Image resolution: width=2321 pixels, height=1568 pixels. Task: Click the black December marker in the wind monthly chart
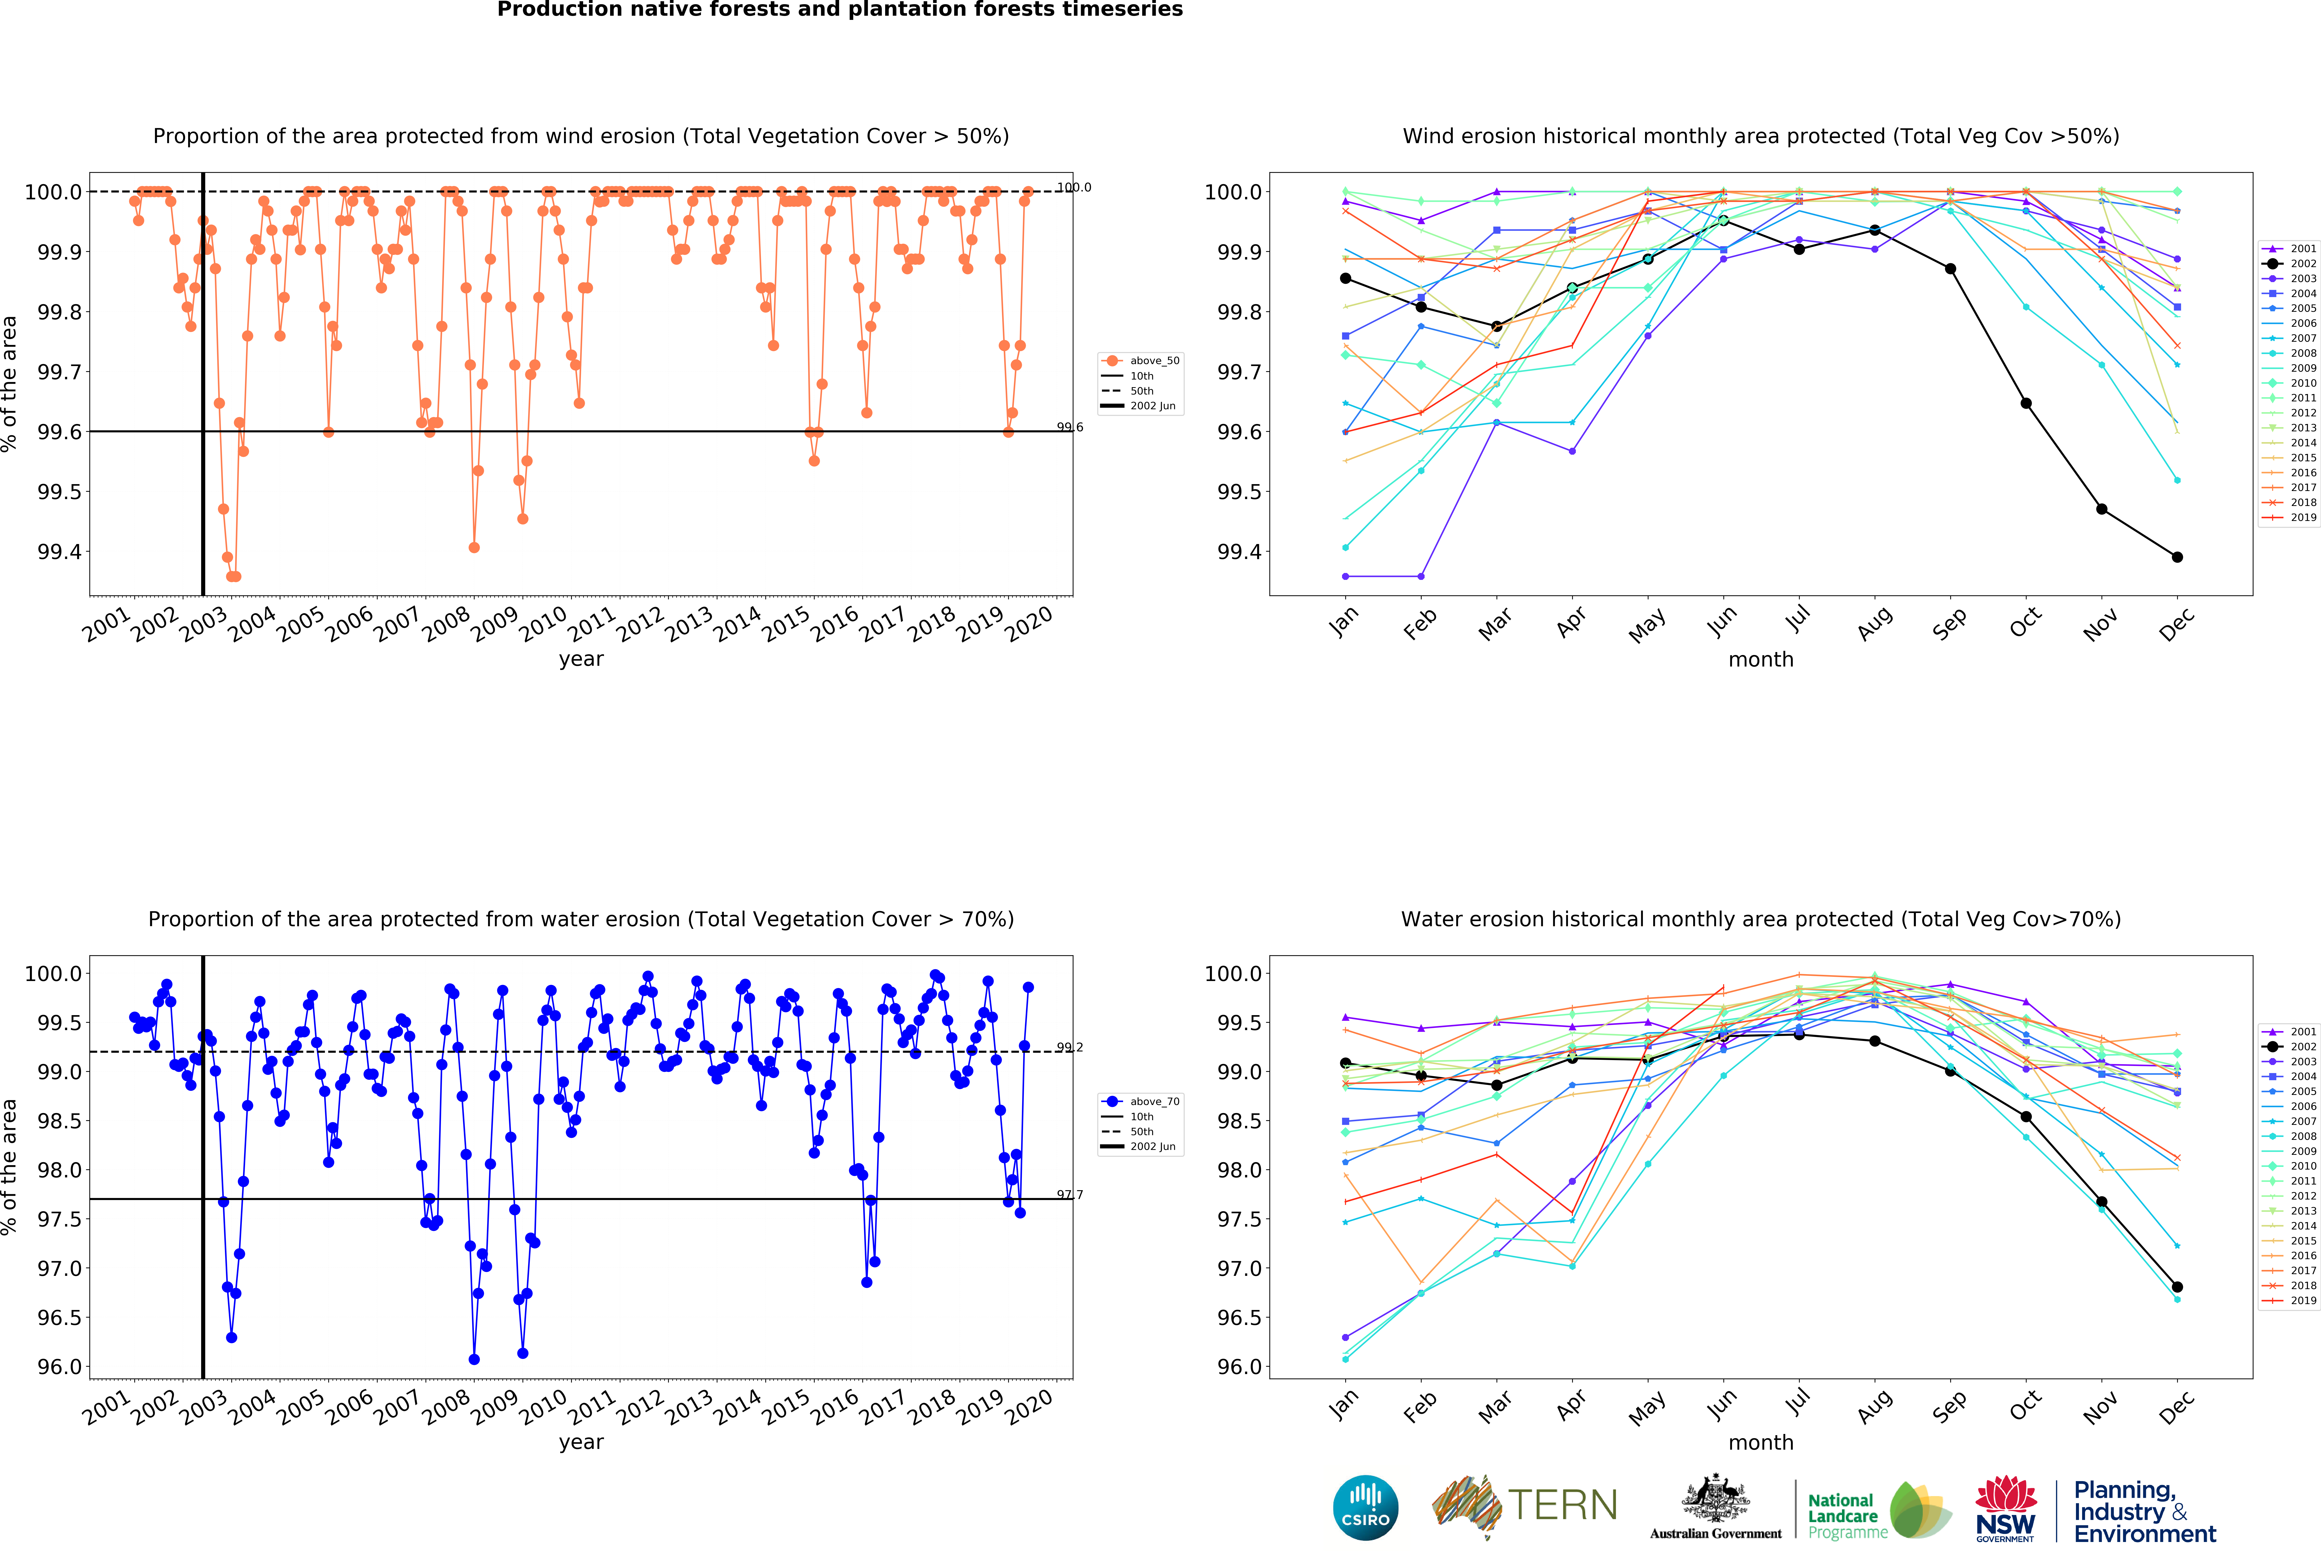tap(2177, 557)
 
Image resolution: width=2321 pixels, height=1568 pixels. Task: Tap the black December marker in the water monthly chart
tap(2177, 1287)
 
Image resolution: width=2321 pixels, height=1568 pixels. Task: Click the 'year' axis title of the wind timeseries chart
tap(581, 659)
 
